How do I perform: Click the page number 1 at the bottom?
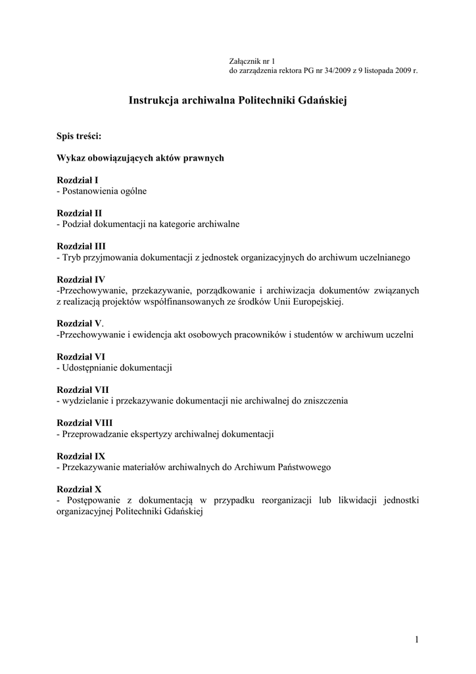click(x=417, y=639)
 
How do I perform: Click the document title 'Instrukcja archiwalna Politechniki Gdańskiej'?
click(x=237, y=101)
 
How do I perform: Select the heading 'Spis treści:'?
click(x=79, y=136)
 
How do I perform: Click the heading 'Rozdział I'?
click(x=78, y=180)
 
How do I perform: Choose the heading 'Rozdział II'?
click(x=80, y=213)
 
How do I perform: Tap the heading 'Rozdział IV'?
click(x=81, y=280)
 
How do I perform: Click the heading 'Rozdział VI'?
click(x=81, y=357)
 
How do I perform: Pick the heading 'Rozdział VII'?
click(x=83, y=390)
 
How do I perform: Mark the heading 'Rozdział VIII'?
click(x=85, y=423)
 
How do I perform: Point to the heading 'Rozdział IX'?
click(x=81, y=456)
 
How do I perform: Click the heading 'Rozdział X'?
click(x=79, y=489)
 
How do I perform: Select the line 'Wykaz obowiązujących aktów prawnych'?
click(x=141, y=158)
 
